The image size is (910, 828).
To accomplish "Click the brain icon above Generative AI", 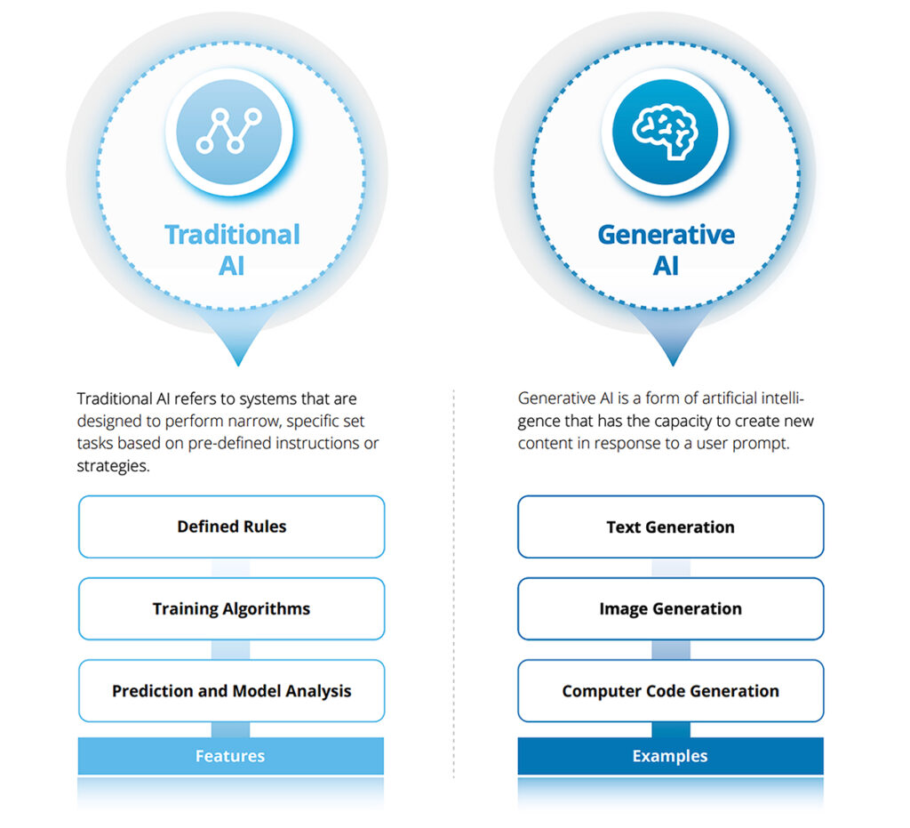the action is click(x=665, y=132).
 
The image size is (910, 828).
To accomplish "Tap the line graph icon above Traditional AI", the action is click(x=228, y=131).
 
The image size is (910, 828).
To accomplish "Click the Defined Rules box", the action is click(x=232, y=527).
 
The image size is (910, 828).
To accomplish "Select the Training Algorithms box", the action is click(x=232, y=608).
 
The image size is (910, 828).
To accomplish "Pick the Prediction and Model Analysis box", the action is click(x=232, y=691).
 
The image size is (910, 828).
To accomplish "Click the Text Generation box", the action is click(x=670, y=527).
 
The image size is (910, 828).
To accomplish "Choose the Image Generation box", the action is click(x=670, y=608).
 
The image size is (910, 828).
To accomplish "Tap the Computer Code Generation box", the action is click(x=670, y=691).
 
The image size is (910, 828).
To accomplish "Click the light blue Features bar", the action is click(x=231, y=755).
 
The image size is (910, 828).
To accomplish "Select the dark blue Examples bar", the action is click(x=670, y=755).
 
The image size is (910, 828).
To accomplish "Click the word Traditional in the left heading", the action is click(x=232, y=235).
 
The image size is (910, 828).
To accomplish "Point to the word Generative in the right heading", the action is click(x=667, y=235).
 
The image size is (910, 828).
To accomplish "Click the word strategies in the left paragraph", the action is click(x=113, y=466).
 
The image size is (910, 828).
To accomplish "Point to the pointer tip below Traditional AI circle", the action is click(x=238, y=366).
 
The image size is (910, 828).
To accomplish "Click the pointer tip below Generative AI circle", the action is click(x=674, y=366).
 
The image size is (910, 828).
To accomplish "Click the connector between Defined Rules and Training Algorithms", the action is click(x=230, y=568).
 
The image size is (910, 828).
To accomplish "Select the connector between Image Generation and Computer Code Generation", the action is click(x=671, y=650).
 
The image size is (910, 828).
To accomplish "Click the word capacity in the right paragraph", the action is click(x=687, y=422).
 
